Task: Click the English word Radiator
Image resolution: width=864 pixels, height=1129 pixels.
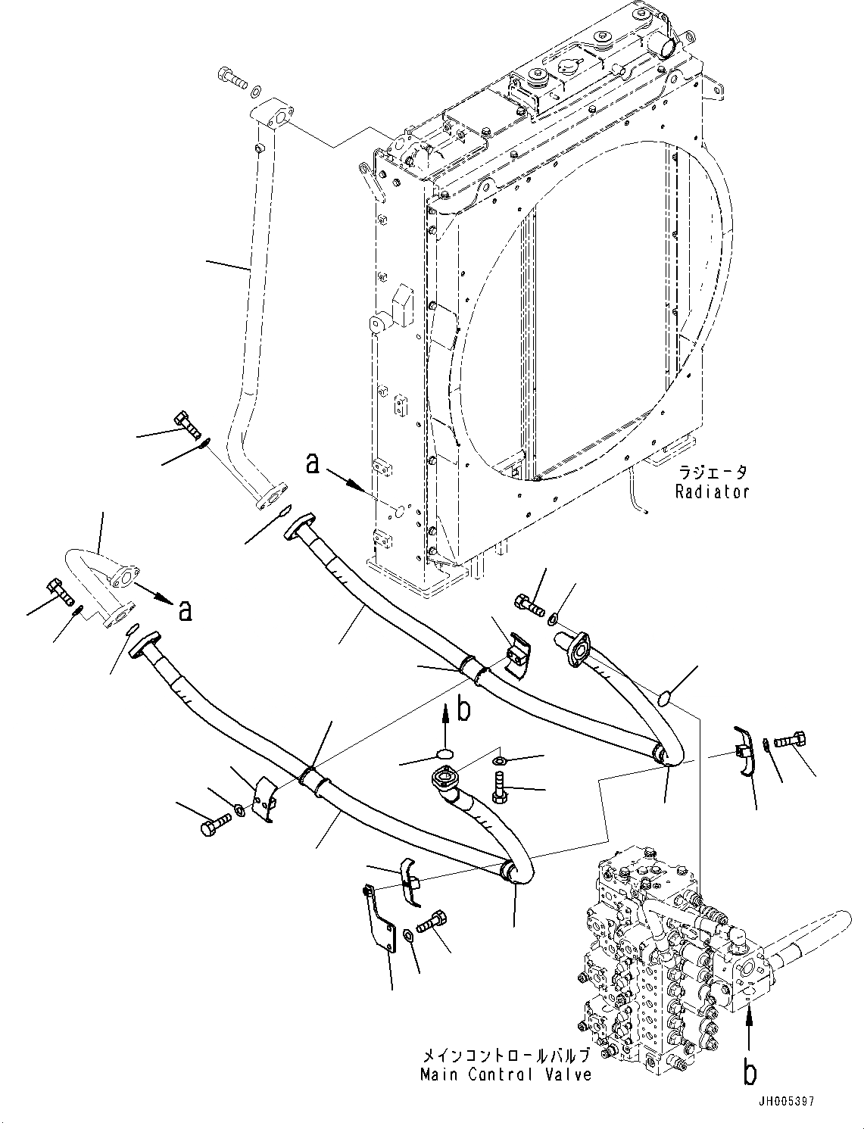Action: (713, 491)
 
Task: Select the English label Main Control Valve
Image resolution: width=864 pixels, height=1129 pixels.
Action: (507, 1074)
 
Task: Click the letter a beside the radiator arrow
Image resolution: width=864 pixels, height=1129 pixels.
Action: (312, 463)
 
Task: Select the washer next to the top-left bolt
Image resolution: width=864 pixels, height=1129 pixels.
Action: (257, 89)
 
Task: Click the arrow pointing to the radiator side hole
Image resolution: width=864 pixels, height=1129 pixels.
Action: (350, 479)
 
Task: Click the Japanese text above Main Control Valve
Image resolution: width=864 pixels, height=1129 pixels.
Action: (507, 1055)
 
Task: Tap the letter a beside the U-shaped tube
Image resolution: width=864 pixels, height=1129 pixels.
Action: (183, 610)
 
